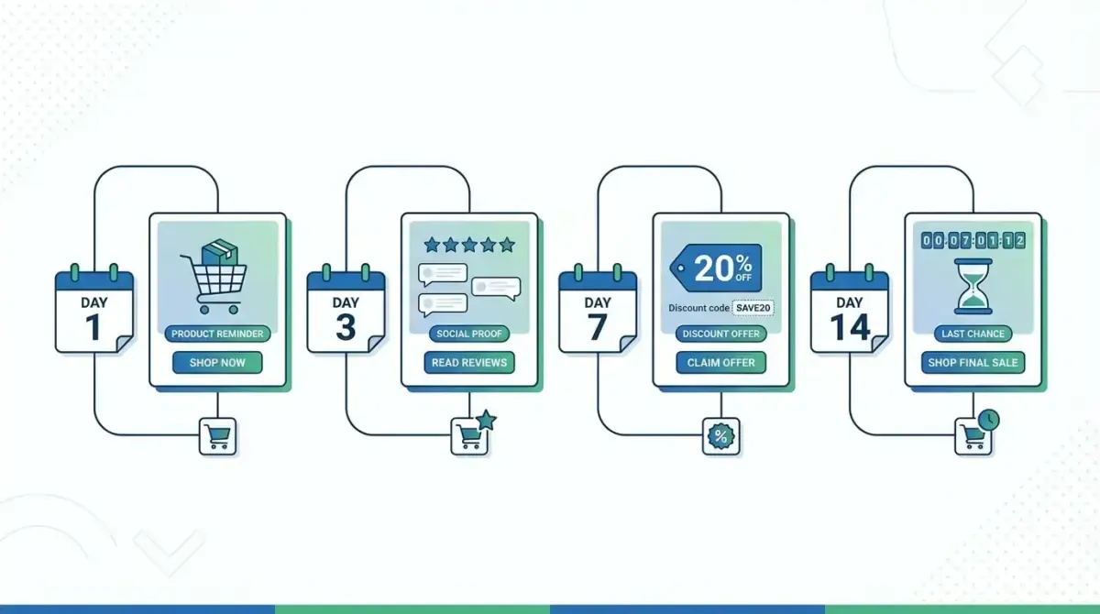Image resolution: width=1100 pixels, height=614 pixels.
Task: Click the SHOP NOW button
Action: click(x=217, y=363)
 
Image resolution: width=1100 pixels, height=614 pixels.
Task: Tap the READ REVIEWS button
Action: click(x=469, y=363)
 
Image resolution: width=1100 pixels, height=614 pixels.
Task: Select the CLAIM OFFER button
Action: click(x=721, y=363)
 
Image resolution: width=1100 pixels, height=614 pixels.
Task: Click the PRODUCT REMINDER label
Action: click(x=217, y=334)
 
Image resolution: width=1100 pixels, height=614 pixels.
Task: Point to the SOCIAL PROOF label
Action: click(x=469, y=334)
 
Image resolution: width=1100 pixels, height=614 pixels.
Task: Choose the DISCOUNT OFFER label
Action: click(x=721, y=334)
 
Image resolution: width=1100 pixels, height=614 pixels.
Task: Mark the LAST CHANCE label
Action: click(x=973, y=334)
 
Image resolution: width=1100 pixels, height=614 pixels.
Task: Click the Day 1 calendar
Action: click(x=93, y=312)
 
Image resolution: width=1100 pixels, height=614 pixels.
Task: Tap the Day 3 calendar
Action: click(x=346, y=312)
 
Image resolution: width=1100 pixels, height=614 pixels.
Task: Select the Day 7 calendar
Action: click(x=598, y=312)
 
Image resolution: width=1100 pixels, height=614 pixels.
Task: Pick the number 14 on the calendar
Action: click(x=850, y=327)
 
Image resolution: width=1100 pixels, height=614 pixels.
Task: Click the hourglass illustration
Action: click(x=973, y=286)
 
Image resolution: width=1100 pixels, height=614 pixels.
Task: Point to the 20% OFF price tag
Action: click(x=716, y=268)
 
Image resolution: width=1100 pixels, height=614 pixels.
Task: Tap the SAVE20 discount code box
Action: click(x=753, y=307)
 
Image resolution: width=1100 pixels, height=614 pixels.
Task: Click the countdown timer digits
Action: click(x=973, y=240)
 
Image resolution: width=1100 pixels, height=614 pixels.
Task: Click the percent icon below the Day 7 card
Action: click(x=721, y=436)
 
